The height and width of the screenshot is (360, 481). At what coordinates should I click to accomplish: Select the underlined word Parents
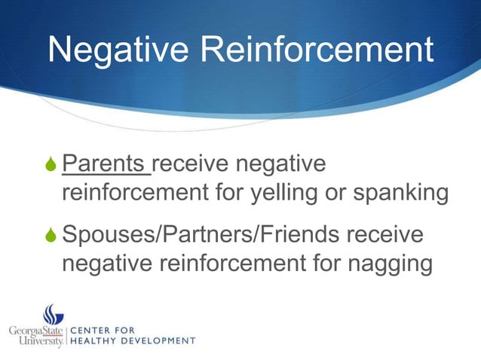(x=105, y=163)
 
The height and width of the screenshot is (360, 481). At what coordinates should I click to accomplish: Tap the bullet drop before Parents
(x=51, y=164)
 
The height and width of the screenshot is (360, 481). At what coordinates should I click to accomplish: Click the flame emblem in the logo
(x=53, y=316)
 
